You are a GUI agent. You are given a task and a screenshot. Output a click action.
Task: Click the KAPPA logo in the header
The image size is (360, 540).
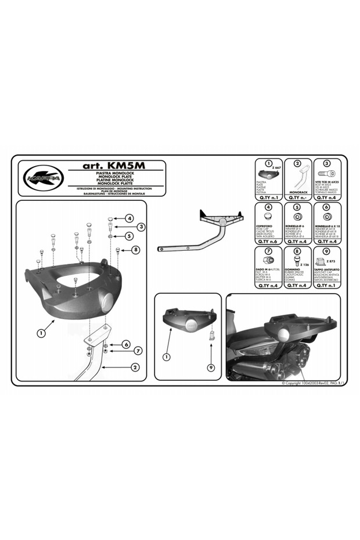pos(41,179)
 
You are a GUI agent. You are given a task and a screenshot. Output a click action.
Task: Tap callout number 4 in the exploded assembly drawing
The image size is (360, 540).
pos(129,218)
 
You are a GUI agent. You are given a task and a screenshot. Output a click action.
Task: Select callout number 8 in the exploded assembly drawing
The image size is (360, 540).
pos(135,250)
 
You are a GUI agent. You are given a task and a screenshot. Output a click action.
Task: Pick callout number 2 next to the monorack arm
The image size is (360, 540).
pos(134,367)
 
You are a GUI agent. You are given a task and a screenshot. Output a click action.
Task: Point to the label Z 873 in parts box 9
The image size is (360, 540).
pos(331,262)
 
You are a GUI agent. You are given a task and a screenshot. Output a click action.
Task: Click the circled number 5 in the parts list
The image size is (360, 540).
pos(297,207)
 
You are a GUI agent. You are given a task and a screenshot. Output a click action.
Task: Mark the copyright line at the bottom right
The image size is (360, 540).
pos(313,384)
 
